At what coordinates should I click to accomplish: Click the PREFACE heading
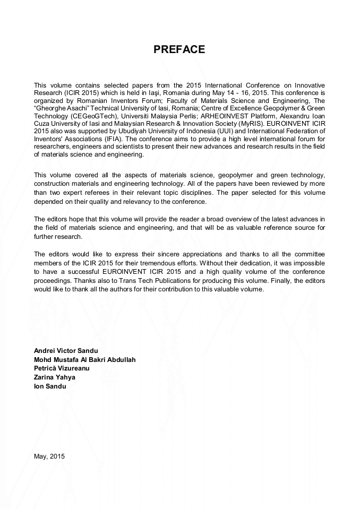(179, 50)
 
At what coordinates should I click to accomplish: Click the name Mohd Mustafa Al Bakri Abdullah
(85, 360)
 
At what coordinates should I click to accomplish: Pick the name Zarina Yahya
(55, 377)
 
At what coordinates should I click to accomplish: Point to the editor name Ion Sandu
(50, 386)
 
